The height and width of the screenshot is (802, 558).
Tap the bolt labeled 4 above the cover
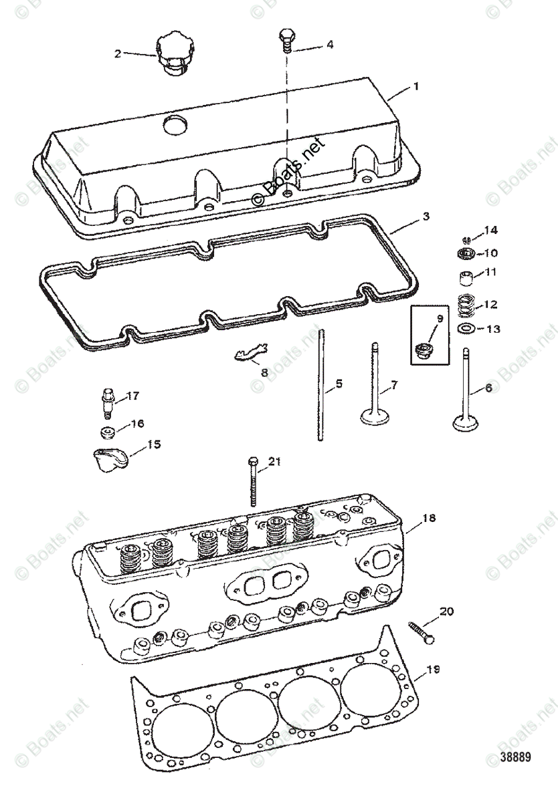pyautogui.click(x=286, y=42)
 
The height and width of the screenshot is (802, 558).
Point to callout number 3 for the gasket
pyautogui.click(x=426, y=217)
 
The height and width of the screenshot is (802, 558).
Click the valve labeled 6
pyautogui.click(x=466, y=394)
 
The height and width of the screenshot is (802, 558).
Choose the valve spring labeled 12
pyautogui.click(x=466, y=305)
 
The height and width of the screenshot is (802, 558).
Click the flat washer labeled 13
pyautogui.click(x=466, y=329)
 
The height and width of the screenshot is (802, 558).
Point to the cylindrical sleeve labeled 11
pyautogui.click(x=466, y=277)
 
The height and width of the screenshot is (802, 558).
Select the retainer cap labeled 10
pyautogui.click(x=466, y=253)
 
